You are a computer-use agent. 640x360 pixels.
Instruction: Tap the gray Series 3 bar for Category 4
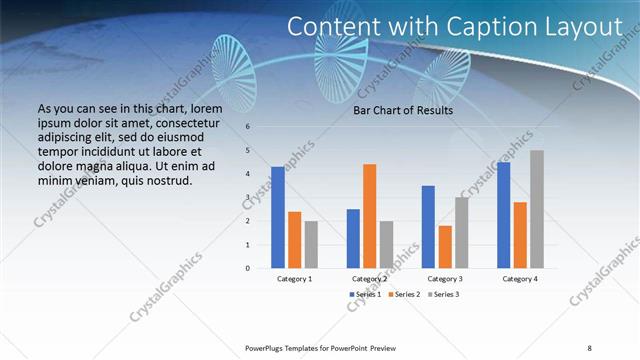(x=537, y=209)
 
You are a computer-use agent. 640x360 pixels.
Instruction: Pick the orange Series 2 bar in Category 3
(x=444, y=247)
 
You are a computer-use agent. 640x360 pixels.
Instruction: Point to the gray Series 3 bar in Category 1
(x=311, y=244)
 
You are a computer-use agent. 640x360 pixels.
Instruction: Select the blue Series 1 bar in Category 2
(x=353, y=238)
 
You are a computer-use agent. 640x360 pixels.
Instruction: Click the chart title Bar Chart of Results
(x=404, y=110)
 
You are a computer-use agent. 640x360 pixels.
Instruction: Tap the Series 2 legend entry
(x=403, y=294)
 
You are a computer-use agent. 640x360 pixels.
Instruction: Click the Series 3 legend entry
(x=443, y=294)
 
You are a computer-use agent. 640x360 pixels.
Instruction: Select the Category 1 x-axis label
(x=294, y=279)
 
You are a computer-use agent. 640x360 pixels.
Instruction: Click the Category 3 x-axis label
(x=444, y=279)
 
